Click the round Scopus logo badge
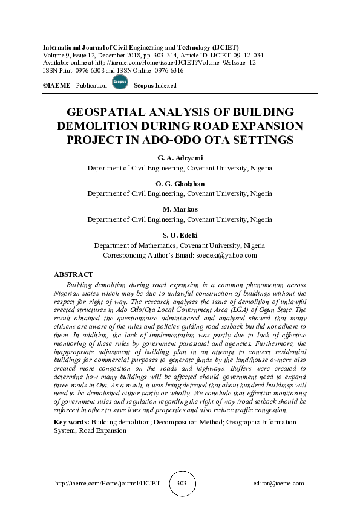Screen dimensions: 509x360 click(x=120, y=83)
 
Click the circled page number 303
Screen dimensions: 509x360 click(x=180, y=484)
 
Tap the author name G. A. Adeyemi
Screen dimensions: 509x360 click(x=180, y=158)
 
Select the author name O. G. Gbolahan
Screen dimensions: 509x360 click(x=180, y=184)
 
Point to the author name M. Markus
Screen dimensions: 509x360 click(x=180, y=209)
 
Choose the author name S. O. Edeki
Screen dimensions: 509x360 click(x=180, y=235)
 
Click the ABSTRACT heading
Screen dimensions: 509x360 click(x=73, y=274)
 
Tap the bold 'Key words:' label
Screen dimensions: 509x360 click(x=71, y=421)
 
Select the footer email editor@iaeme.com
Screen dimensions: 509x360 click(x=279, y=484)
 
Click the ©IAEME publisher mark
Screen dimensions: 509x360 click(x=57, y=86)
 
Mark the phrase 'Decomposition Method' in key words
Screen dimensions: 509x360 click(x=172, y=421)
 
